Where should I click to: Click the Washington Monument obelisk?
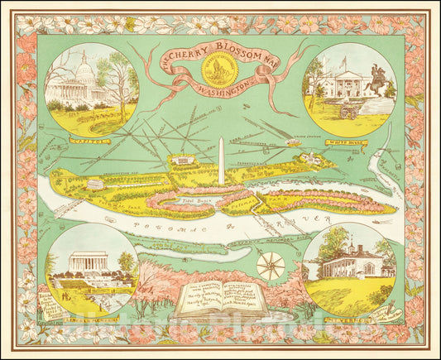click(x=221, y=158)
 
